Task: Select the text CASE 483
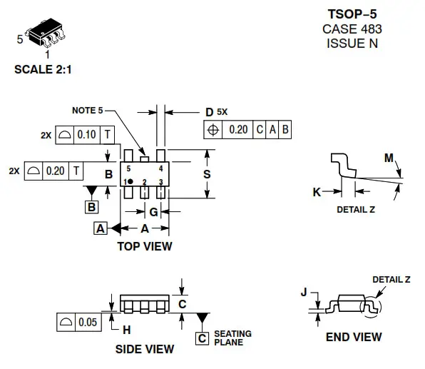pyautogui.click(x=352, y=29)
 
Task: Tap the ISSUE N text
pyautogui.click(x=352, y=43)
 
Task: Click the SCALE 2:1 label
pyautogui.click(x=43, y=70)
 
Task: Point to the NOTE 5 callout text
pyautogui.click(x=88, y=111)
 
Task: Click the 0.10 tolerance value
pyautogui.click(x=87, y=135)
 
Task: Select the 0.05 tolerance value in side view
pyautogui.click(x=87, y=322)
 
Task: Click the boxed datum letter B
pyautogui.click(x=92, y=207)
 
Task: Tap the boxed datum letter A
pyautogui.click(x=101, y=228)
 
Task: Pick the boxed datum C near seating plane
pyautogui.click(x=203, y=338)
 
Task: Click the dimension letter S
pyautogui.click(x=226, y=173)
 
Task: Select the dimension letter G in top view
pyautogui.click(x=153, y=212)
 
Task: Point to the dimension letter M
pyautogui.click(x=388, y=158)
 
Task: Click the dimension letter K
pyautogui.click(x=317, y=191)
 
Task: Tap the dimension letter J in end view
pyautogui.click(x=304, y=293)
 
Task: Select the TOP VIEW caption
pyautogui.click(x=144, y=246)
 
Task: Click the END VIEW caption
pyautogui.click(x=353, y=337)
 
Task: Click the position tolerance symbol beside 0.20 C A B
pyautogui.click(x=212, y=130)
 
